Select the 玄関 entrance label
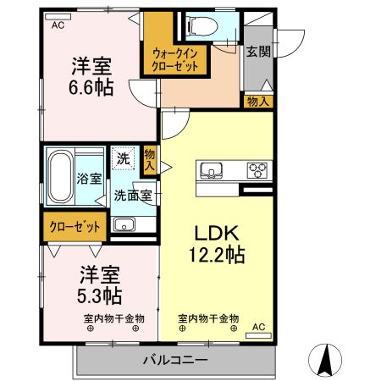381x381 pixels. click(x=257, y=52)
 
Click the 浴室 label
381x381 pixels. click(x=89, y=179)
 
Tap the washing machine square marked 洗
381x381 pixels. click(x=124, y=157)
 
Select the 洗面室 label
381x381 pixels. click(x=133, y=194)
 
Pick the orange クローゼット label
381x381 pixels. click(x=75, y=226)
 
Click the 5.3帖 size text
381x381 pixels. click(x=100, y=295)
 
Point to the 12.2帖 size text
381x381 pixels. click(x=217, y=254)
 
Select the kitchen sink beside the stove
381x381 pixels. click(x=211, y=170)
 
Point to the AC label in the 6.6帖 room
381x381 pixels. click(x=58, y=25)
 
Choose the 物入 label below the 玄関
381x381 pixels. click(x=258, y=102)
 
